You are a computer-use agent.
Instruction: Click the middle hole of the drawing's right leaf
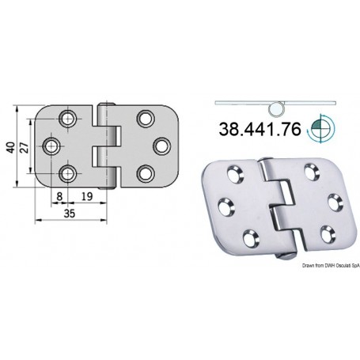(x=161, y=147)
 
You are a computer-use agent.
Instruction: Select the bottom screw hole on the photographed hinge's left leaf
(x=252, y=235)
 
